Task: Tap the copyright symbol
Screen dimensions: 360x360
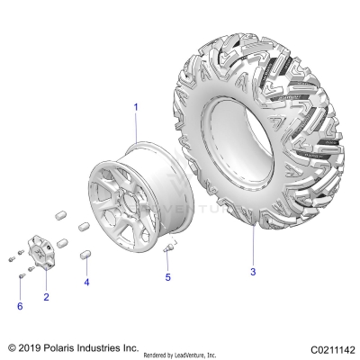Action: pos(11,346)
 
